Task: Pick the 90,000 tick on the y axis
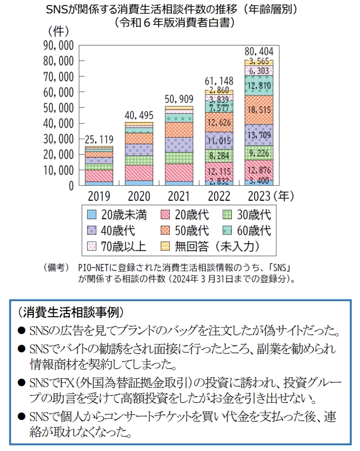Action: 58,45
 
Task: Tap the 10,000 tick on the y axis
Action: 58,170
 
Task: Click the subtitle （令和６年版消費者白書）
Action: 180,23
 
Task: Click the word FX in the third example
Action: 56,384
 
